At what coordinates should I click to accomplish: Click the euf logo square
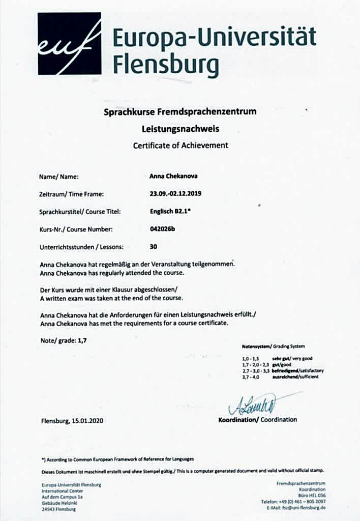(69, 44)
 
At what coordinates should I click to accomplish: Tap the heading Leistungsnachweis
(181, 129)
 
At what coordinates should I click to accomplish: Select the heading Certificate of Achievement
(181, 146)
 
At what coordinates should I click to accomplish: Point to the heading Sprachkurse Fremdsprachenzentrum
(181, 111)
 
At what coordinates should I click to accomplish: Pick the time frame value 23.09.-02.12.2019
(172, 194)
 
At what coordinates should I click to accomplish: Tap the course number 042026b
(159, 229)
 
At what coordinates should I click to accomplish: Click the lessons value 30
(154, 247)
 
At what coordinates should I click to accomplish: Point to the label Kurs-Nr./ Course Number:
(72, 229)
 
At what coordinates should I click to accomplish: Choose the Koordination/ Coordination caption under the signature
(257, 420)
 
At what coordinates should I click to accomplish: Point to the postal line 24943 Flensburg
(58, 509)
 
